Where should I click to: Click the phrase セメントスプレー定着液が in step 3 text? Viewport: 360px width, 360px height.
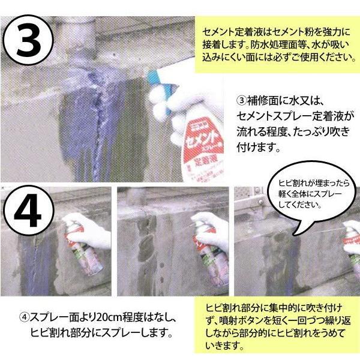(x=292, y=116)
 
